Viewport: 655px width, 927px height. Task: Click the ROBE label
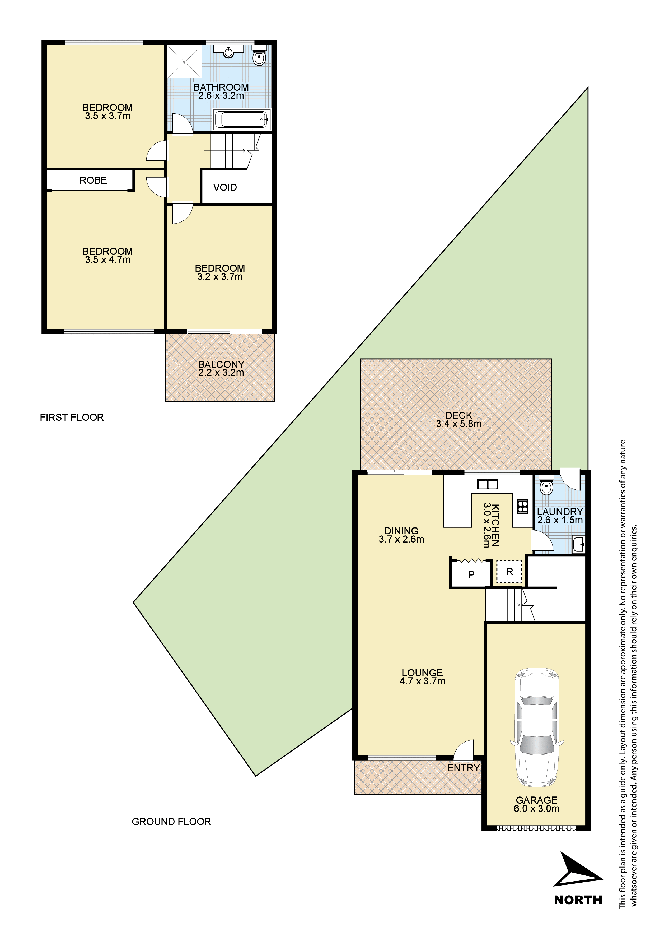(93, 180)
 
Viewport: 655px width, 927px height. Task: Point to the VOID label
(225, 187)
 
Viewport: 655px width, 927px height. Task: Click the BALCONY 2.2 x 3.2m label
(221, 368)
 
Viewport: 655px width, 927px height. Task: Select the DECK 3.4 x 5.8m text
(458, 419)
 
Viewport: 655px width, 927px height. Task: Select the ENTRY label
(463, 768)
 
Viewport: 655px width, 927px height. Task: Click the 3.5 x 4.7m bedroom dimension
(107, 260)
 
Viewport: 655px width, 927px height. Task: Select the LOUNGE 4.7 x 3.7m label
(422, 677)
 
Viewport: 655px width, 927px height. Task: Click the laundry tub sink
(579, 544)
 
